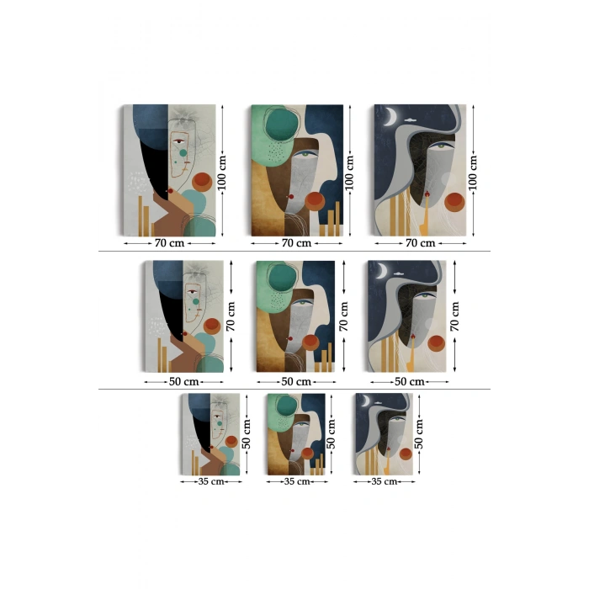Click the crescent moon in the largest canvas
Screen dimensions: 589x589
[393, 116]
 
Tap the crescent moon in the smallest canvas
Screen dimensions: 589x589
[366, 401]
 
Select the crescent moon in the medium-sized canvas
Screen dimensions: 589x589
[384, 270]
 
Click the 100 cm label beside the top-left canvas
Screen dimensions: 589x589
[222, 172]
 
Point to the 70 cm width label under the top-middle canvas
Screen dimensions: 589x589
[296, 243]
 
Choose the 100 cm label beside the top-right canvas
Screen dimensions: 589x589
[473, 172]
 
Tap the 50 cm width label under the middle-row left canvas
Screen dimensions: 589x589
[183, 382]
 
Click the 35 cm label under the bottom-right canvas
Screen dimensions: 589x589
[384, 481]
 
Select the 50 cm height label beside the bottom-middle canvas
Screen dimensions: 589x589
[331, 434]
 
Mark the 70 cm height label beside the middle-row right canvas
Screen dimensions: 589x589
[454, 316]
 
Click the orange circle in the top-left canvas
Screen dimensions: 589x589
[202, 182]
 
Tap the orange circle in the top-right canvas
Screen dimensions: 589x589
[454, 202]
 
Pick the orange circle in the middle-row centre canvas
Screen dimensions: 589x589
[310, 342]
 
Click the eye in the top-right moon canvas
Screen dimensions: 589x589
[443, 145]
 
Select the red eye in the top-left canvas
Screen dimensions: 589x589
[178, 141]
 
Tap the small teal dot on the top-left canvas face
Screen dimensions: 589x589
[183, 153]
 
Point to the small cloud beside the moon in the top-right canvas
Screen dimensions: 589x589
[411, 120]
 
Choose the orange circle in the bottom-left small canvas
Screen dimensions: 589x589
[231, 442]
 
